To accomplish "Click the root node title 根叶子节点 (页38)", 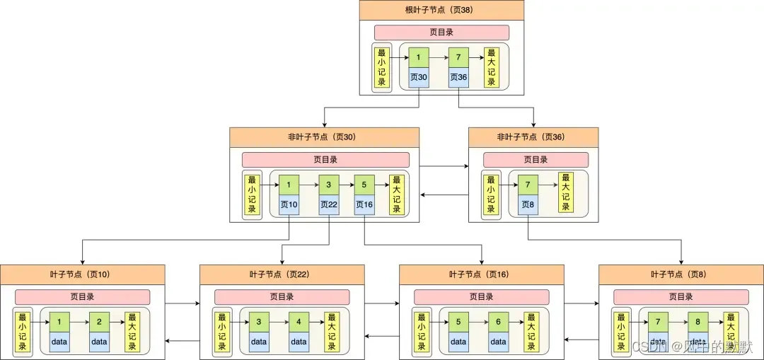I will coord(441,10).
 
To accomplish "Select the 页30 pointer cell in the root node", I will coord(418,78).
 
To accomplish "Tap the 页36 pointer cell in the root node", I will coord(458,78).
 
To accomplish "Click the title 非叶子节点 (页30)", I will coord(324,137).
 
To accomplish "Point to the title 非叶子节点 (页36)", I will coord(533,137).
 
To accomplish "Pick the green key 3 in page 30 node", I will coord(329,185).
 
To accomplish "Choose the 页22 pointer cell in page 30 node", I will coord(329,205).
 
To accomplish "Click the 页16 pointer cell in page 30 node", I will coord(364,205).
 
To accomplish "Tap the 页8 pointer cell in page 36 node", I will coord(528,205).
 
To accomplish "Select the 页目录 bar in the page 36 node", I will coord(536,160).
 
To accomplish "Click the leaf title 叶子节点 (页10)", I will coord(82,274).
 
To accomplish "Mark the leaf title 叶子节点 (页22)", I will coord(282,274).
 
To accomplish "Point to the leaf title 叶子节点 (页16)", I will coord(481,274).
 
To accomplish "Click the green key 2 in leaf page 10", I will coord(100,323).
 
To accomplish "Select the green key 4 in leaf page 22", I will coord(299,323).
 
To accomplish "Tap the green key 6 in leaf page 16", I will coord(499,323).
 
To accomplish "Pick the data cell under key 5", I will coord(458,342).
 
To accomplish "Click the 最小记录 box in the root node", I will coord(382,68).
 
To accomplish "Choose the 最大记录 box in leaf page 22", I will coord(330,332).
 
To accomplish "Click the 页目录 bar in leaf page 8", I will coord(681,297).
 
